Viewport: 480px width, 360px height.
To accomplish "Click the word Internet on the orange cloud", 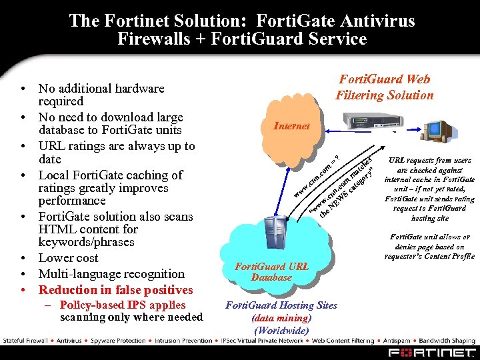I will click(x=292, y=126).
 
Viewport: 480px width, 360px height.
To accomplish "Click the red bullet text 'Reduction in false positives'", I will click(x=115, y=289).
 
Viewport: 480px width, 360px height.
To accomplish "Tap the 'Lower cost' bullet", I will click(x=68, y=258).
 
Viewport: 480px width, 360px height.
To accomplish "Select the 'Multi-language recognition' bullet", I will click(x=111, y=273).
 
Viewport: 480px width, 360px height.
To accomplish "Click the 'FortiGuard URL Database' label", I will click(x=272, y=271).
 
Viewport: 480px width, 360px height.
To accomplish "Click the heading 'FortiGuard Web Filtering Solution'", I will click(x=383, y=87).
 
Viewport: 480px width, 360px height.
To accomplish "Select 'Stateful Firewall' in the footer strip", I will click(x=25, y=341).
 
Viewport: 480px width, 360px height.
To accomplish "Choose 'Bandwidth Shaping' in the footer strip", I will click(x=450, y=341).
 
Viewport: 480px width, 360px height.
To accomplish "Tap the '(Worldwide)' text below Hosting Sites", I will click(x=281, y=331).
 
